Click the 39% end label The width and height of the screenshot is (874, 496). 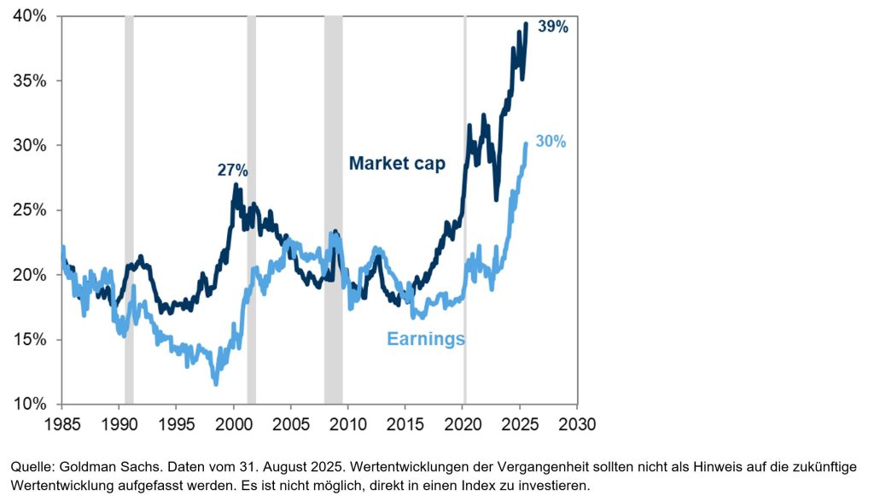click(x=553, y=26)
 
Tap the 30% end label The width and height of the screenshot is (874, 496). click(x=551, y=142)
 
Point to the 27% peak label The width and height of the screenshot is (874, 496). click(x=232, y=171)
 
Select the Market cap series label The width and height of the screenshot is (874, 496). click(x=397, y=164)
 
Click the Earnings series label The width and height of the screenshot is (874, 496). click(x=426, y=339)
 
